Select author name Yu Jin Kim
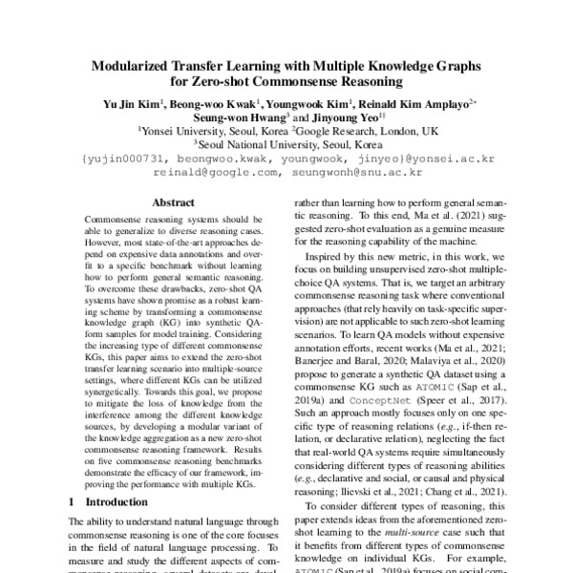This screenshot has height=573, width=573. pos(130,103)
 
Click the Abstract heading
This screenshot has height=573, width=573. pos(172,202)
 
